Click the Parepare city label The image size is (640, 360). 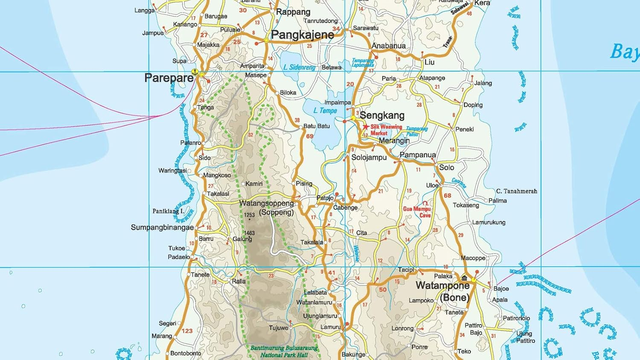169,78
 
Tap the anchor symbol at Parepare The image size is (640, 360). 195,72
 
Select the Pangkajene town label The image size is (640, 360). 303,35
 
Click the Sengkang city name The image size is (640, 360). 382,115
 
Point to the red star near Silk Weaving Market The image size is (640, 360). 366,127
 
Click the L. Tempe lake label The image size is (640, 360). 325,110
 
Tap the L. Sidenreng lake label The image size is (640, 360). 299,67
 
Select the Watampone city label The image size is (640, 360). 442,285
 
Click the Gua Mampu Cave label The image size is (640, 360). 417,212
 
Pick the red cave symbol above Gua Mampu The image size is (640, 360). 425,203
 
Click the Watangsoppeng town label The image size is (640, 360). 267,203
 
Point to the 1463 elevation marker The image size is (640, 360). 249,233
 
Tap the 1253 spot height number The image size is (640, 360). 249,215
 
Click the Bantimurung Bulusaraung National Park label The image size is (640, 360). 284,351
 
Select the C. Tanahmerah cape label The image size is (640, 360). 516,191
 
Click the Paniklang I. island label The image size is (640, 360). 168,211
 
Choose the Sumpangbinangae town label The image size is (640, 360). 162,228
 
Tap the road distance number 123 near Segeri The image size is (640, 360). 187,331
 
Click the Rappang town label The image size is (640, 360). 293,12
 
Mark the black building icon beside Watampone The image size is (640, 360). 464,278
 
